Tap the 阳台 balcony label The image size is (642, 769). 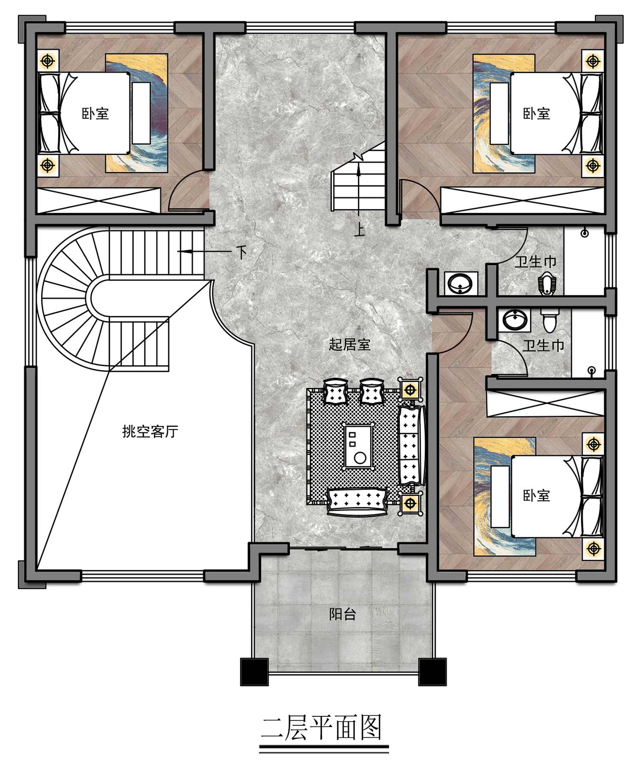point(342,615)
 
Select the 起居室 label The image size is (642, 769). point(349,344)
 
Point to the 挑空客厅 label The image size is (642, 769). point(150,431)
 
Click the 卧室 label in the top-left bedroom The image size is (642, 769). point(95,114)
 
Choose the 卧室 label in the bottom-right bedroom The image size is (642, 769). point(536,496)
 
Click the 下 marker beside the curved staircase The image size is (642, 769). point(242,253)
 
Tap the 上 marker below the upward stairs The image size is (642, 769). point(359,231)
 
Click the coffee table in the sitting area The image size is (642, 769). point(359,446)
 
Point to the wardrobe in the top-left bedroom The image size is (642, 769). point(99,200)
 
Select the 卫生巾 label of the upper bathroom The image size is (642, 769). point(535,261)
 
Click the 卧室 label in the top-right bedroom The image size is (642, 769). point(536,114)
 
